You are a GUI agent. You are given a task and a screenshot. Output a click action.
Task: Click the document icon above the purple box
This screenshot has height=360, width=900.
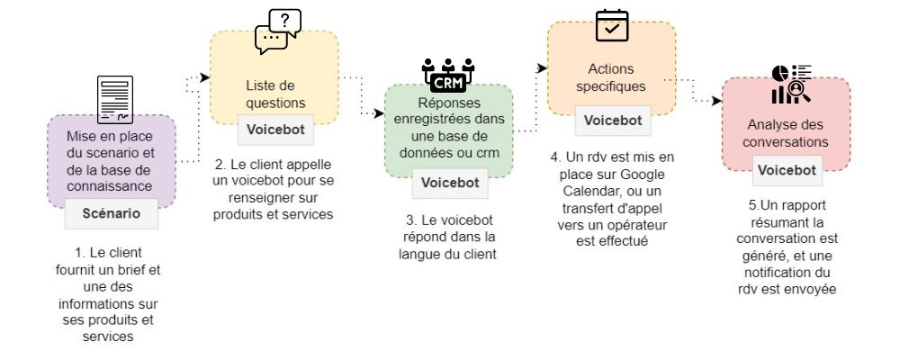[115, 100]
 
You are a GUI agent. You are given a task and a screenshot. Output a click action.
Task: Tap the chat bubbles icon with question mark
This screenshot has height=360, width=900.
[277, 31]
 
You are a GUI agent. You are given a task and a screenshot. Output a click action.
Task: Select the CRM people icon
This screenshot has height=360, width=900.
[448, 76]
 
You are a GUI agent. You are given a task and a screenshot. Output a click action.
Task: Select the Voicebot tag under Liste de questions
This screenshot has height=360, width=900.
[275, 129]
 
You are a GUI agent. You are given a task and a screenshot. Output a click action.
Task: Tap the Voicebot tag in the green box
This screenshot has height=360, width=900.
[450, 183]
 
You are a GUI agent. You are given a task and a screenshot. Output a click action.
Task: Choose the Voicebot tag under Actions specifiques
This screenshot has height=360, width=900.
[612, 120]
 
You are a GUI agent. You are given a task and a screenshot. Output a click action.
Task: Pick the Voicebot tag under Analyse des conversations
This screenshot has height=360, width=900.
[787, 170]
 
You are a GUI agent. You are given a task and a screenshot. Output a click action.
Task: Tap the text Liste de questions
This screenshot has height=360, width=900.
[275, 94]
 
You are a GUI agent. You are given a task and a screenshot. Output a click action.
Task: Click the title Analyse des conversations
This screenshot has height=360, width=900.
[787, 133]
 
